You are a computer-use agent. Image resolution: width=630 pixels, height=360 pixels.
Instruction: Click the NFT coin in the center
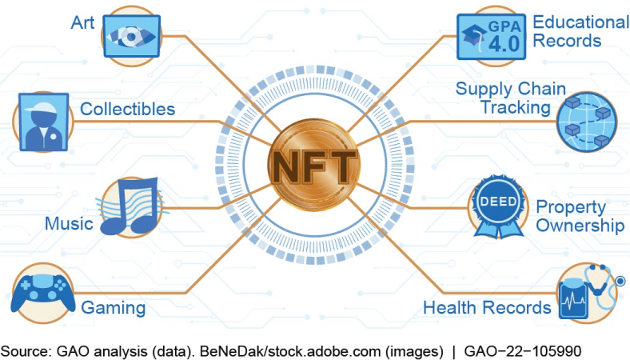pyautogui.click(x=314, y=165)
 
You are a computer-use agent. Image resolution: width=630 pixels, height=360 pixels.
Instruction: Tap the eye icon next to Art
pyautogui.click(x=131, y=36)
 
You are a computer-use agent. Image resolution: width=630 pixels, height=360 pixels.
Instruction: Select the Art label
pyautogui.click(x=83, y=22)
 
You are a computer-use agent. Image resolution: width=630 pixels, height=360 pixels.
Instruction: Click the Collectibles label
pyautogui.click(x=127, y=109)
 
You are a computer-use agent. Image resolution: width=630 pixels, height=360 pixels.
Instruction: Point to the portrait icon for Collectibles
pyautogui.click(x=44, y=122)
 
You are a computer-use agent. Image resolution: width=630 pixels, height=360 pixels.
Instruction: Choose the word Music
pyautogui.click(x=69, y=224)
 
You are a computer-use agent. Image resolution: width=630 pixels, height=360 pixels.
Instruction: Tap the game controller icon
pyautogui.click(x=43, y=293)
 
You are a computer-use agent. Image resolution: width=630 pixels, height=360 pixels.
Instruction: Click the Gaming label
pyautogui.click(x=114, y=308)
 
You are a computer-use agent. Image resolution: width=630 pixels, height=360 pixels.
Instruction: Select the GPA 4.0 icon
pyautogui.click(x=491, y=37)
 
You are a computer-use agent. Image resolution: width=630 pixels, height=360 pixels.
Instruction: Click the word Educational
pyautogui.click(x=581, y=22)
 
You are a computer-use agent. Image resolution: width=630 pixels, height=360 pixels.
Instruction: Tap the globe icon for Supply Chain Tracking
pyautogui.click(x=586, y=122)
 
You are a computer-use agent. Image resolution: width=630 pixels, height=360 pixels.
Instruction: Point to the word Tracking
pyautogui.click(x=516, y=108)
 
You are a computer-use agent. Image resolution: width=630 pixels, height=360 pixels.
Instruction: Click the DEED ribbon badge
pyautogui.click(x=499, y=206)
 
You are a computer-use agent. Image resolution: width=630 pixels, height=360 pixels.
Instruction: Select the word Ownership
pyautogui.click(x=580, y=226)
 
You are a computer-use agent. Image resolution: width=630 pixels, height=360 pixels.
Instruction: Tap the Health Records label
pyautogui.click(x=487, y=308)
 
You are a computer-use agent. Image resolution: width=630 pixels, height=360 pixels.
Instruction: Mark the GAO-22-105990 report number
pyautogui.click(x=522, y=351)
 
